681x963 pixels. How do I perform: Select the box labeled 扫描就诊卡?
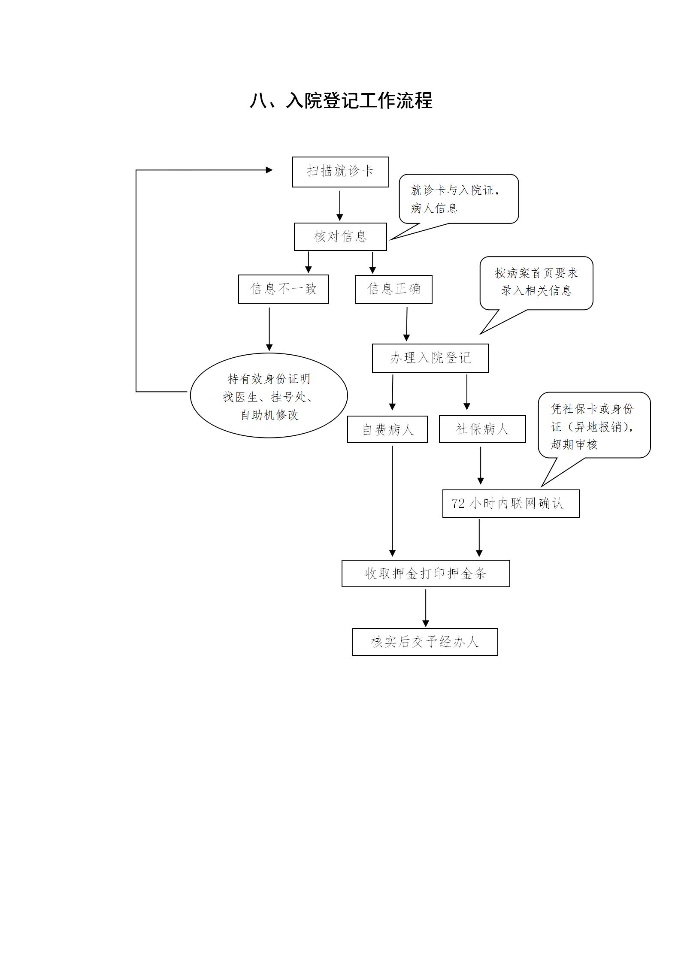340,172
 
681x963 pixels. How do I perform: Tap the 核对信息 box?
340,236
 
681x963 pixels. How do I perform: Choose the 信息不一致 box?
283,289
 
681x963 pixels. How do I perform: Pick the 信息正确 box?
393,289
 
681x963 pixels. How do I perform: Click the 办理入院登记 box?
430,358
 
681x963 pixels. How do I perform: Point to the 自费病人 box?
387,429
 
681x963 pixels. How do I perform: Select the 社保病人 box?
482,429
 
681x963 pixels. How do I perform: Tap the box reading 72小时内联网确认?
511,503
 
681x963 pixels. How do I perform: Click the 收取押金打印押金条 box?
426,574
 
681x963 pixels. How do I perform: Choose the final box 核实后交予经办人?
425,642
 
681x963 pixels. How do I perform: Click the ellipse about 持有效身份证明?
269,395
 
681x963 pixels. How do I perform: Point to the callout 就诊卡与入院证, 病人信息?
458,199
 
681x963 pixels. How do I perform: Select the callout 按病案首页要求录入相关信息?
536,283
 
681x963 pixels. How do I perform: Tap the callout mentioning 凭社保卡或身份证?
594,426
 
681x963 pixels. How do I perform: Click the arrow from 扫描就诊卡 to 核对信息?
340,205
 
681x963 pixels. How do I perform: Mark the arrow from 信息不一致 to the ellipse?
269,328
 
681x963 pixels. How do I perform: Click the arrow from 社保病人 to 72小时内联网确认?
481,466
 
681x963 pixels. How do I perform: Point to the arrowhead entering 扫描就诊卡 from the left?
269,170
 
